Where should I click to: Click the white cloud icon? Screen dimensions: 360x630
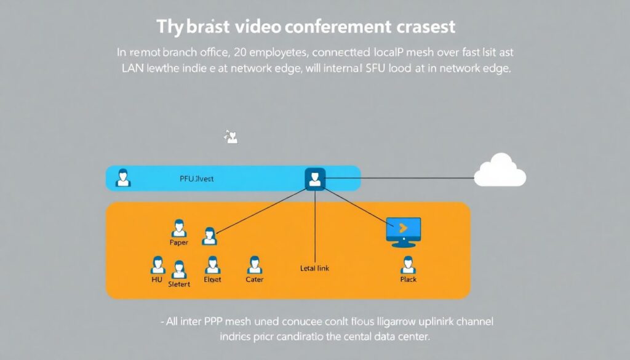500,170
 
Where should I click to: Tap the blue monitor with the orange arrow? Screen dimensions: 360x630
403,230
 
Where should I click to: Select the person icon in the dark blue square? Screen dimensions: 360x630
315,178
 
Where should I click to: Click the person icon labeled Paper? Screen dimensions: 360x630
179,228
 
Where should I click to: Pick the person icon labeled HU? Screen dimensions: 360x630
158,265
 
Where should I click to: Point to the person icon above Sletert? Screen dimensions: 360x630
179,270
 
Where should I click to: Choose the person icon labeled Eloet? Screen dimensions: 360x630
212,265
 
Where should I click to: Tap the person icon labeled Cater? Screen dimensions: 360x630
254,265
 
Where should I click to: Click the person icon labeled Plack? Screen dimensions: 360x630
407,265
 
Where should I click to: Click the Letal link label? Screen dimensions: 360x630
314,268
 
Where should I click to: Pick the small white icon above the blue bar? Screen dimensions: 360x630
231,137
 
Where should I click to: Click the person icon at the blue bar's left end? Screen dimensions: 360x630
123,177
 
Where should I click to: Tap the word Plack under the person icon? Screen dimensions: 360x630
408,279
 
